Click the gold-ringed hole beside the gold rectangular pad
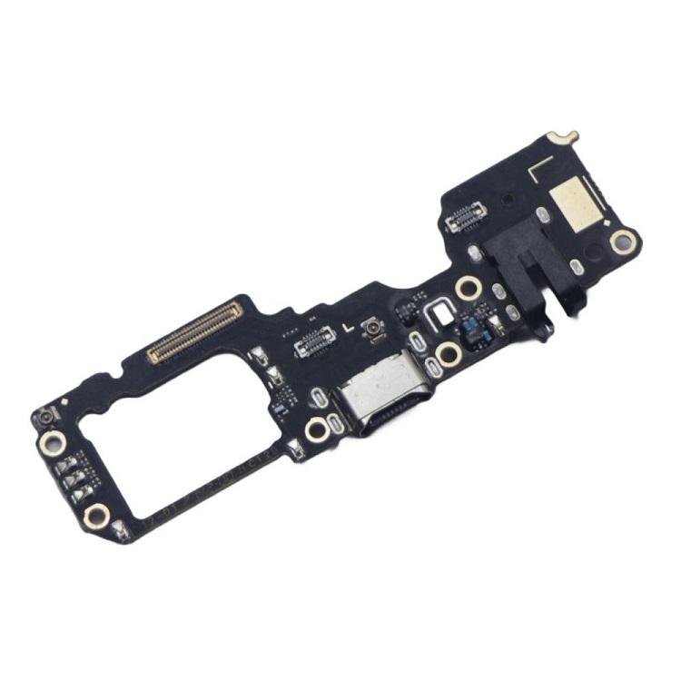[623, 241]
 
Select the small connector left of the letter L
[315, 338]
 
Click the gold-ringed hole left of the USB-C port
[317, 429]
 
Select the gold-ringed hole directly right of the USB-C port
[446, 353]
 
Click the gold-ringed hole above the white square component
[468, 289]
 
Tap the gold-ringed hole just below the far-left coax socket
[52, 442]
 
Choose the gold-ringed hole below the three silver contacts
[96, 517]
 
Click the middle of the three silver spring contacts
[75, 479]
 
